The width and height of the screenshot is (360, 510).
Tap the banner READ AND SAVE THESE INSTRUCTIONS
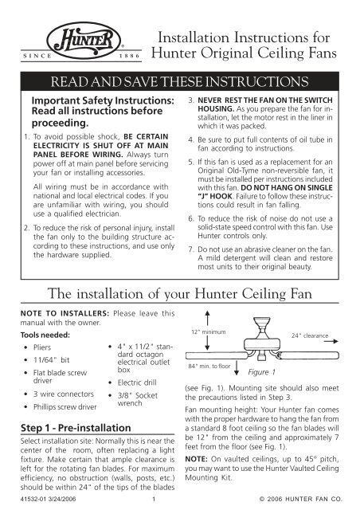(179, 82)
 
